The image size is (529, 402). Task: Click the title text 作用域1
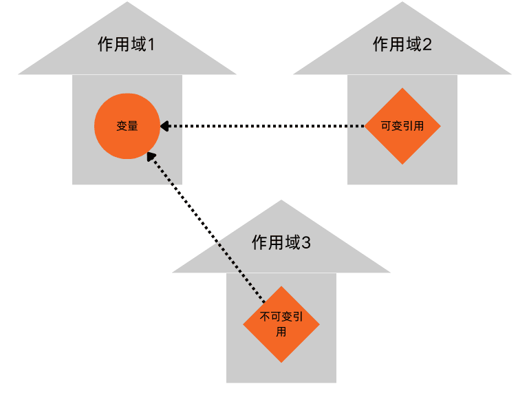pos(127,45)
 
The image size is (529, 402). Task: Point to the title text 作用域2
pos(402,45)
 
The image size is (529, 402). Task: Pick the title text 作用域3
pos(282,242)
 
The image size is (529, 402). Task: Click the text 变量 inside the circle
pos(127,127)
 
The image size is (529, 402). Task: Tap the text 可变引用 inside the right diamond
pos(402,127)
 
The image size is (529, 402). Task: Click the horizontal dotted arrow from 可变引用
pos(268,126)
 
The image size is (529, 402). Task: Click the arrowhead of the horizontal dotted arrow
pos(165,126)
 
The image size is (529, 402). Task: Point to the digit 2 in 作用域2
pos(427,45)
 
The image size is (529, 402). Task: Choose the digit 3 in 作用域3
pos(307,243)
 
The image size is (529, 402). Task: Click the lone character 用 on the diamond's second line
pos(281,331)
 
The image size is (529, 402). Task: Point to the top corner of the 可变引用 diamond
pos(402,89)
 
